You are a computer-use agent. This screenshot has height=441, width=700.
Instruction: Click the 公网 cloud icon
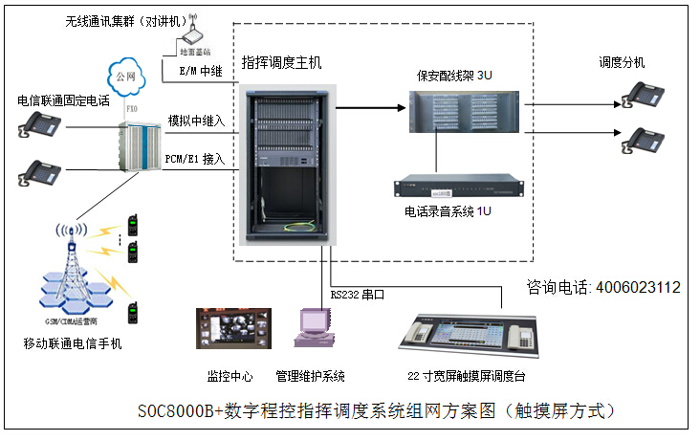121,76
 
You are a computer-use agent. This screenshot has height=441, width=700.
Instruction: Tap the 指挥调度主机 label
282,62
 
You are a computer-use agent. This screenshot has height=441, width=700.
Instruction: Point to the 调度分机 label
622,62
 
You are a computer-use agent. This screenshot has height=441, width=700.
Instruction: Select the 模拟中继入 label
196,121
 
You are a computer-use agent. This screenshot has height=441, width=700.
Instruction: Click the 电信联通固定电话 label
64,99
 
